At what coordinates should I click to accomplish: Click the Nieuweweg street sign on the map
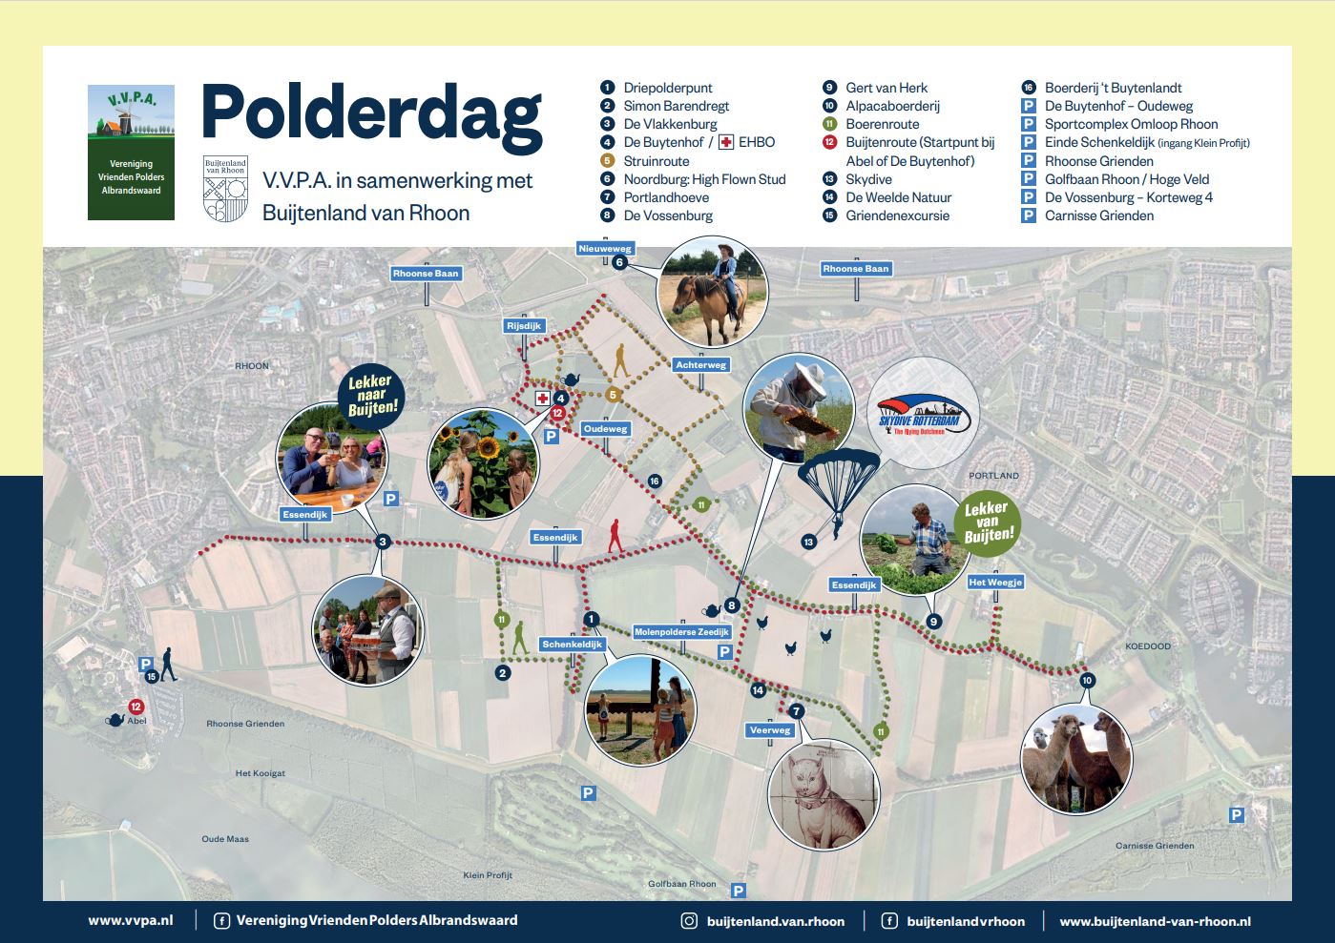click(x=605, y=249)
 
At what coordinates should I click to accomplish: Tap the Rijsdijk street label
click(x=524, y=326)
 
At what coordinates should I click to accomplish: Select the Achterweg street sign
click(x=700, y=365)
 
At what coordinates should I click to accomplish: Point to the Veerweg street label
click(x=770, y=730)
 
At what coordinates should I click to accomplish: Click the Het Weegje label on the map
click(x=995, y=583)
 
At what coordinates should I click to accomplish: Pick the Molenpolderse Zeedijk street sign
click(x=681, y=632)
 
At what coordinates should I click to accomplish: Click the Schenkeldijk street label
click(x=573, y=645)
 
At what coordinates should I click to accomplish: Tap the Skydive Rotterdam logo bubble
click(x=923, y=414)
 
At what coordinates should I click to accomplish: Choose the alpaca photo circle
click(x=1076, y=759)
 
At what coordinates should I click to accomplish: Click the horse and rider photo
click(x=712, y=292)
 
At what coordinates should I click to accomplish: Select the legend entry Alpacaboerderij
click(x=892, y=106)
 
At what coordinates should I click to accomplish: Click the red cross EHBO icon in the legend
click(x=726, y=142)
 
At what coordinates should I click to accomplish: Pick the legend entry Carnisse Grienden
click(x=1098, y=215)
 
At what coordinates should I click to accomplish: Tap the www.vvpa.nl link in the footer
click(x=131, y=921)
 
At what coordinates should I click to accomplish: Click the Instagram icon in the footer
click(x=689, y=921)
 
